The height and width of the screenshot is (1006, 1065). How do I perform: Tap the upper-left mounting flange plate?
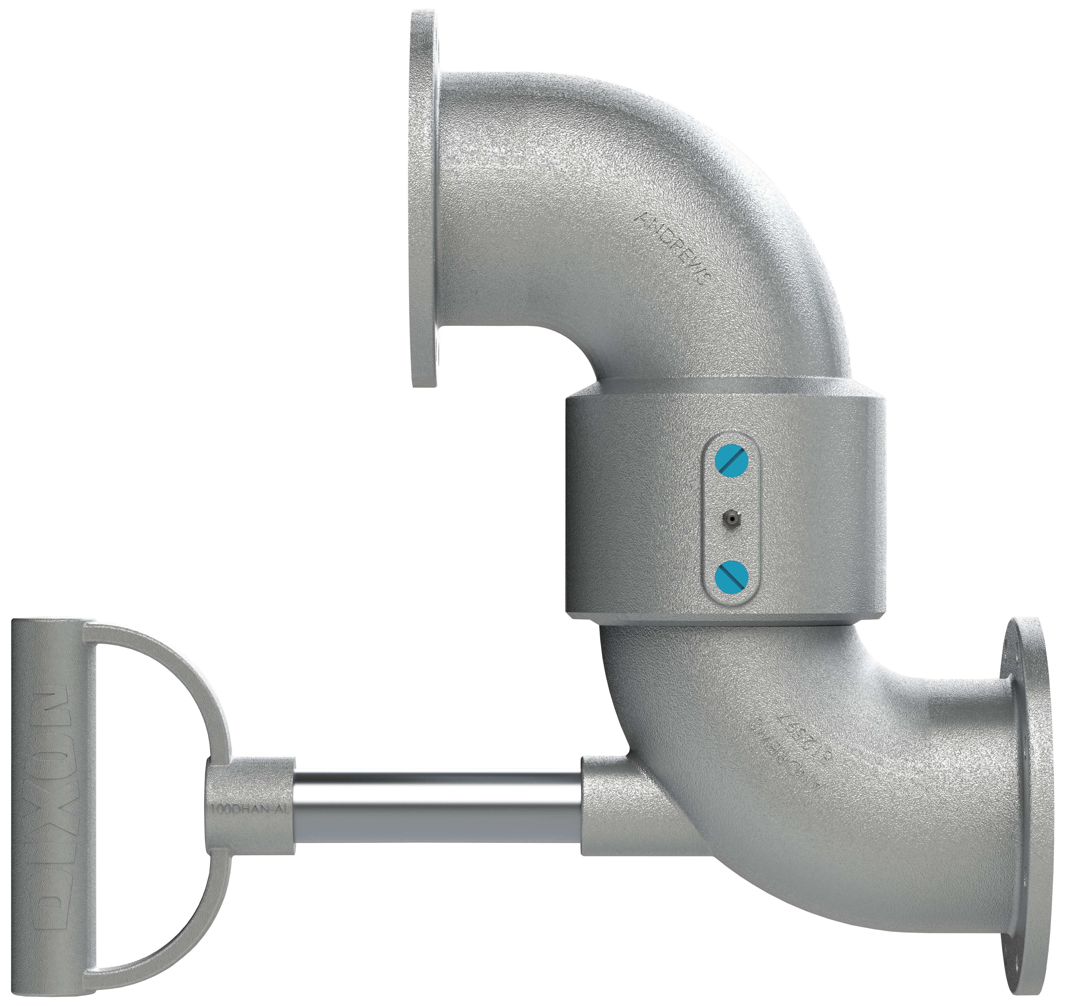[x=424, y=198]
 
